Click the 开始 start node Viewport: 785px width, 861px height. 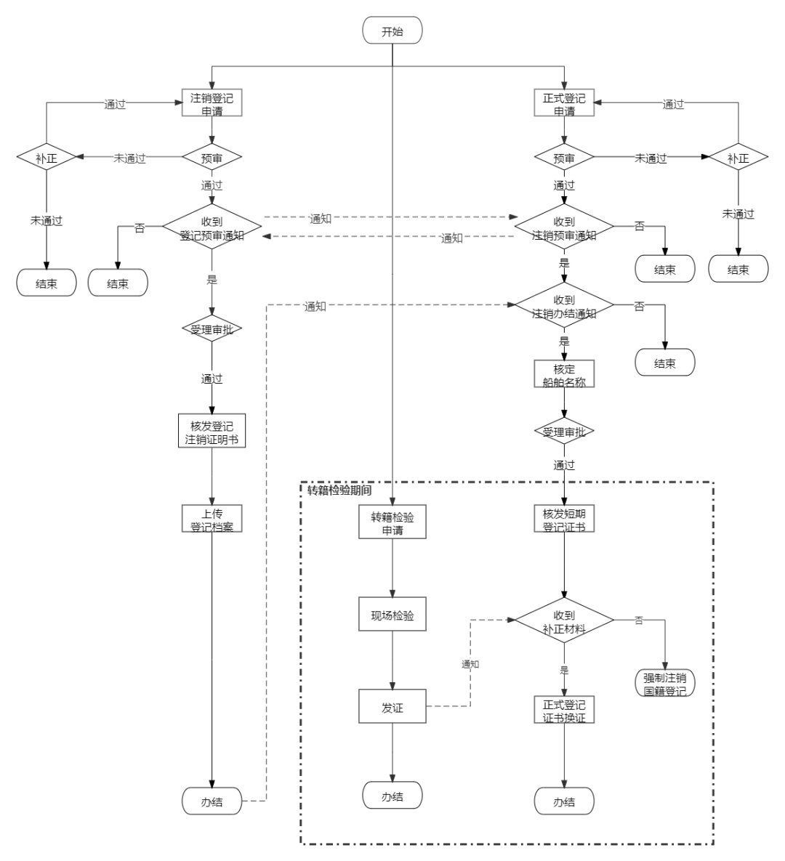(x=392, y=31)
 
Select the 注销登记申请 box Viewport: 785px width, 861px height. (x=212, y=103)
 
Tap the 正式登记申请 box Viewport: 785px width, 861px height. (x=564, y=103)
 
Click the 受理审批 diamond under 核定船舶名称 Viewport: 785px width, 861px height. (x=564, y=432)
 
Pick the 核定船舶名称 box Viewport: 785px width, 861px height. (x=564, y=374)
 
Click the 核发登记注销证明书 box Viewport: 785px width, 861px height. (x=212, y=432)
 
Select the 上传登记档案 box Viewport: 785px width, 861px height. (x=212, y=519)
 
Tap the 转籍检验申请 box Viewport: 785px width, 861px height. (x=392, y=522)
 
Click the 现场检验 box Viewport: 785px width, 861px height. (x=392, y=615)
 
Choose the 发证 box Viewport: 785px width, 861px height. (x=392, y=707)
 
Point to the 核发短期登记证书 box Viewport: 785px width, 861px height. (x=564, y=519)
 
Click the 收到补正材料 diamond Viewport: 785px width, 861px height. (x=564, y=621)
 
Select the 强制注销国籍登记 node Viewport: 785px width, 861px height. (x=664, y=683)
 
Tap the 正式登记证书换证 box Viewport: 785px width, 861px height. (x=564, y=710)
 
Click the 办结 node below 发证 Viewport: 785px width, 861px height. (x=392, y=796)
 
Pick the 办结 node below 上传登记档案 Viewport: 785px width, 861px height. (x=212, y=801)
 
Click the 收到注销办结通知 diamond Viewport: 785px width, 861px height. (x=564, y=306)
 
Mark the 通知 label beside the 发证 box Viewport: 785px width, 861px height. (x=470, y=663)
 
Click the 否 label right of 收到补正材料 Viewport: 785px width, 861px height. (x=639, y=620)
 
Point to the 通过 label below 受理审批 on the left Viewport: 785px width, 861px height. (x=212, y=378)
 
